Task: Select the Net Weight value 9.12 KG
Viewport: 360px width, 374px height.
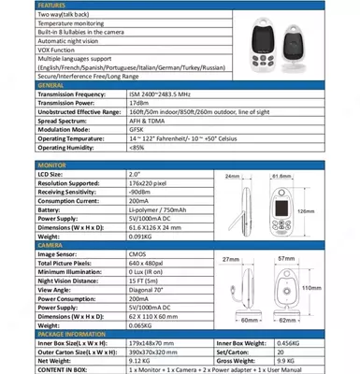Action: tap(139, 359)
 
